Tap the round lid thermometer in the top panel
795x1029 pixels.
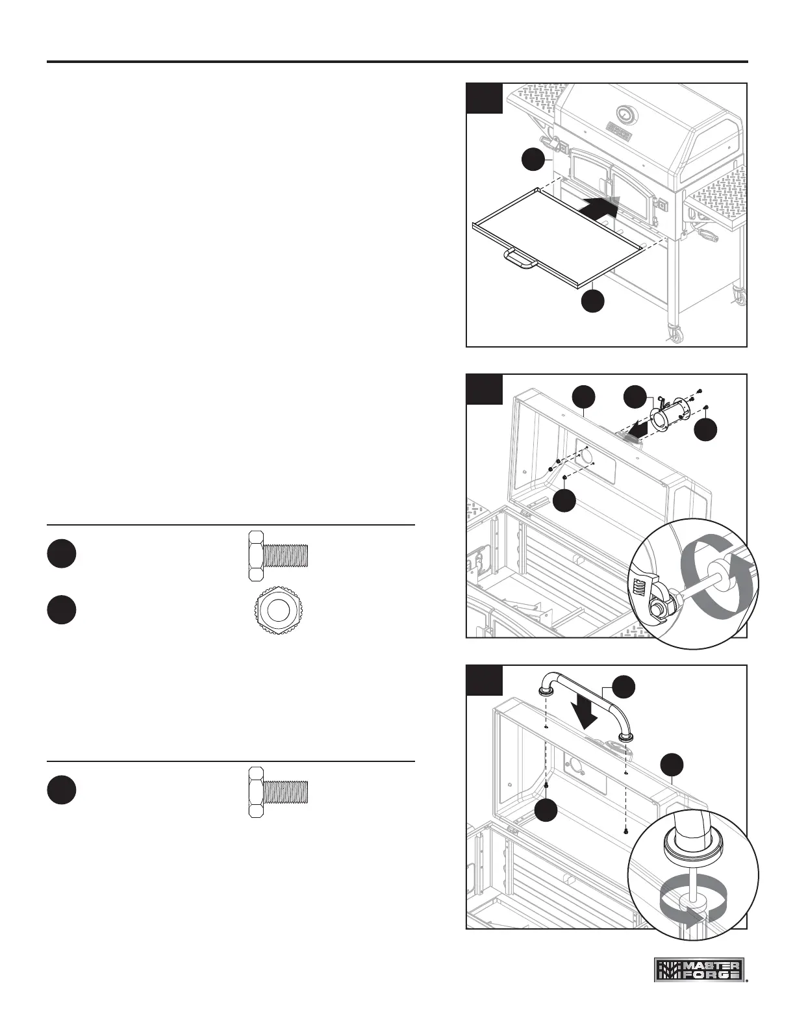click(x=625, y=114)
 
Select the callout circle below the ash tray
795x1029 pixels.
click(x=593, y=301)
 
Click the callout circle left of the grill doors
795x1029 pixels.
click(x=533, y=160)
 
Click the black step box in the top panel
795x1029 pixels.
click(x=485, y=98)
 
